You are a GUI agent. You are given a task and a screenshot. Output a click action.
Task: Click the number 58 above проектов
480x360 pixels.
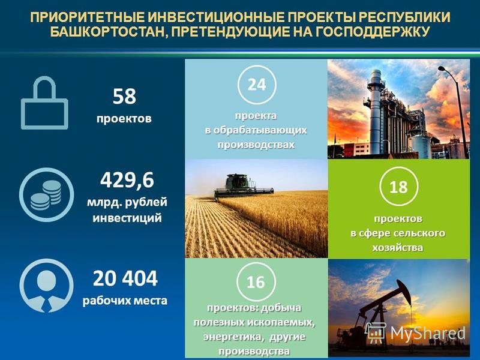[x=124, y=96]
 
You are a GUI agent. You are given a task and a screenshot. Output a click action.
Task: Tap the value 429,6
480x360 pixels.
[x=127, y=180]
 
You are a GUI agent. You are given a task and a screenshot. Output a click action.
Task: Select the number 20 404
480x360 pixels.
[x=125, y=278]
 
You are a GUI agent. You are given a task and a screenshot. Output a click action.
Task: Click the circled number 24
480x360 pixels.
[x=257, y=85]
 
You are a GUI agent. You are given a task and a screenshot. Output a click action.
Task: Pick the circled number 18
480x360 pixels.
[x=398, y=187]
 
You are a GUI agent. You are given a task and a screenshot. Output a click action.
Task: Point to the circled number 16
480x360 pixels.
[x=256, y=282]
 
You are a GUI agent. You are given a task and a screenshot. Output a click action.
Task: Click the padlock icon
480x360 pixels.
[x=44, y=103]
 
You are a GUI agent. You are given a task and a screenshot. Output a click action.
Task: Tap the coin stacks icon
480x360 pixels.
[x=47, y=194]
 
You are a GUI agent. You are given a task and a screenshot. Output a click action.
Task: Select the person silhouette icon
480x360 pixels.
[x=47, y=286]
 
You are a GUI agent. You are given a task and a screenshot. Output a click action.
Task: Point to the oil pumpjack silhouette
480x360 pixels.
[x=383, y=309]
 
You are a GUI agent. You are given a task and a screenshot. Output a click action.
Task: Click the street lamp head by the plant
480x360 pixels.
[x=443, y=68]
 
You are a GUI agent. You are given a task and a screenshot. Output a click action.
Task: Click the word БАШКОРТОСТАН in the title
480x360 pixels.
[x=108, y=32]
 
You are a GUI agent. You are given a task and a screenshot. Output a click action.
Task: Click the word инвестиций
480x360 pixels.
[x=127, y=218]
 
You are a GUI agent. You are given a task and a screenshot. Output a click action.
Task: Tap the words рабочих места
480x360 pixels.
[x=125, y=301]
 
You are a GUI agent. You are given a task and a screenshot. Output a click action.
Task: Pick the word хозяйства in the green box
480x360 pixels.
[x=398, y=247]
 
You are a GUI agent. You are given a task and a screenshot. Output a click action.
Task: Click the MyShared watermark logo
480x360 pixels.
[x=415, y=333]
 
